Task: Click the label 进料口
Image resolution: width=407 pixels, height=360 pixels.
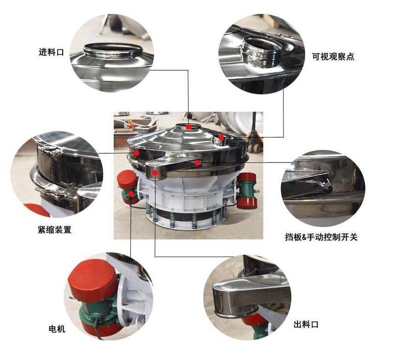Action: click(51, 52)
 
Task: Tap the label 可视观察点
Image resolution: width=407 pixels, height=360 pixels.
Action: click(333, 56)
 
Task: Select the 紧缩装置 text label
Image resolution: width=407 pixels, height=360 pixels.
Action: click(54, 229)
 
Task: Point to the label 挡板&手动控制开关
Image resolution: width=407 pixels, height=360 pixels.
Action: click(321, 237)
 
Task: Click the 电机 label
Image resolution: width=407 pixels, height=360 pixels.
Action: click(57, 329)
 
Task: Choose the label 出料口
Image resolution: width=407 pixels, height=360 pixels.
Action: click(306, 324)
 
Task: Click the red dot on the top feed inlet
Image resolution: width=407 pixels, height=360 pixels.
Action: click(189, 127)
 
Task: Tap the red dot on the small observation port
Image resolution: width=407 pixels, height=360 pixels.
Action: click(221, 137)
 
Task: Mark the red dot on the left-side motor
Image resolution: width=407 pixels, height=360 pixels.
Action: click(131, 193)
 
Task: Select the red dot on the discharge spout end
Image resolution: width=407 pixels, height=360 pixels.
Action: click(155, 172)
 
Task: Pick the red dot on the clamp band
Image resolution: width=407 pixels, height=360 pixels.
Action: click(137, 153)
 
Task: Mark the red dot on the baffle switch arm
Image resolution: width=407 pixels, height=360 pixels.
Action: click(197, 163)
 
